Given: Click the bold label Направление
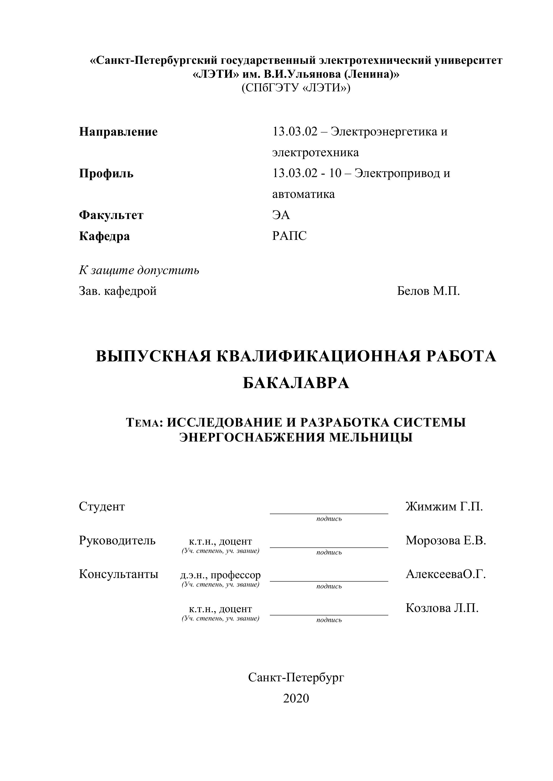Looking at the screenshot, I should (x=118, y=132).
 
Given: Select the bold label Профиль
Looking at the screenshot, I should (x=106, y=173).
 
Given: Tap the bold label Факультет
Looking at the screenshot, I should (x=111, y=215).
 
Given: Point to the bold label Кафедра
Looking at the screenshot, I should (x=104, y=236).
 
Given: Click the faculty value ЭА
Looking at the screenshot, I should (x=281, y=215).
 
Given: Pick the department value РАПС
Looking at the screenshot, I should (x=289, y=236).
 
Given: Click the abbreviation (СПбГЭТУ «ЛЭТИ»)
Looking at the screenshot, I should (x=295, y=88).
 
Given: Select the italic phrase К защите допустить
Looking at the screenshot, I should (x=139, y=270).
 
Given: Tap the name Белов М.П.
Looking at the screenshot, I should (x=428, y=291).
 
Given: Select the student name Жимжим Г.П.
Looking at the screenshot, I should (x=444, y=507).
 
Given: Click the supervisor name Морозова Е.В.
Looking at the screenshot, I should (x=446, y=541).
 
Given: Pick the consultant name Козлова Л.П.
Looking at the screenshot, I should (x=442, y=608).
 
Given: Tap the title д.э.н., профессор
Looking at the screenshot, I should (x=220, y=575).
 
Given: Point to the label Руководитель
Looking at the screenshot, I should (x=117, y=541).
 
